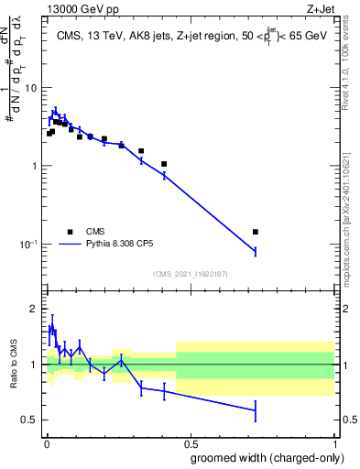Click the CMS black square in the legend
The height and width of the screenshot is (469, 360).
[x=70, y=232]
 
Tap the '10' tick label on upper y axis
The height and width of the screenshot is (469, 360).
[x=31, y=88]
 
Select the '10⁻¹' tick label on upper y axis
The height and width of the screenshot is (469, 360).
[x=29, y=245]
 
